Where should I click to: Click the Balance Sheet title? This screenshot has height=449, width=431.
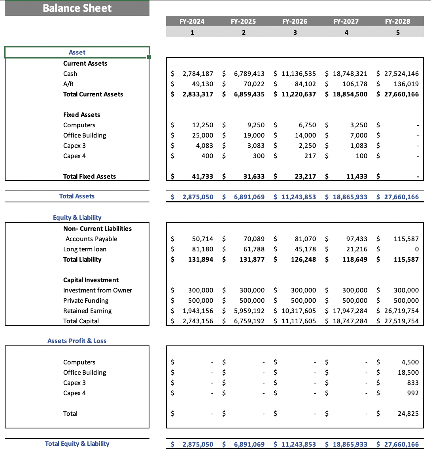point(77,8)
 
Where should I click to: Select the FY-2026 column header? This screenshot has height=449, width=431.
point(295,21)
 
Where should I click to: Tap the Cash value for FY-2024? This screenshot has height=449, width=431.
point(198,74)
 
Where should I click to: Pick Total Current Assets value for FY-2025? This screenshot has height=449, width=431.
point(249,94)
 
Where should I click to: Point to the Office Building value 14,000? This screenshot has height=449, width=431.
point(305,135)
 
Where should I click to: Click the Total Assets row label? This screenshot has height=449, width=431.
point(77,196)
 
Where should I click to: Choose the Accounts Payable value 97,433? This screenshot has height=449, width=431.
point(354,239)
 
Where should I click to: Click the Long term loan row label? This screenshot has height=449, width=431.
point(85,249)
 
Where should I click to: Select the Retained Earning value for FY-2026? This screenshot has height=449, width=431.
point(299,311)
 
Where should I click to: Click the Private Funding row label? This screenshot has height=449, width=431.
point(86,300)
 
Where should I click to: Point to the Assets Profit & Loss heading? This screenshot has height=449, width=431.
point(77,341)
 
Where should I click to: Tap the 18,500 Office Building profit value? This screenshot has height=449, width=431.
point(408,372)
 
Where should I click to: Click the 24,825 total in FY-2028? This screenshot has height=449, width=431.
point(408,413)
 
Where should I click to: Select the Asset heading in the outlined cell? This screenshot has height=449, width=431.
point(77,52)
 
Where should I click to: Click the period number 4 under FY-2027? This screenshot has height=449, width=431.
point(346,32)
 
